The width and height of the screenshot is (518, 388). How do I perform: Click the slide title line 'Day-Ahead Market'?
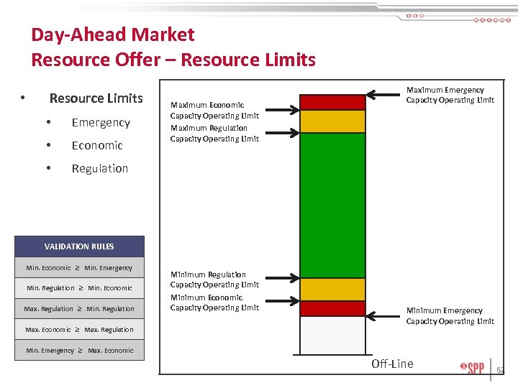pos(113,34)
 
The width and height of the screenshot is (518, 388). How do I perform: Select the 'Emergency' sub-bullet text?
pos(101,123)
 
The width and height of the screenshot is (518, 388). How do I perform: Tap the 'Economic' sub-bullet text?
pos(97,146)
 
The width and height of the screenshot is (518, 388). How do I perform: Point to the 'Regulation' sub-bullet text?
pos(99,169)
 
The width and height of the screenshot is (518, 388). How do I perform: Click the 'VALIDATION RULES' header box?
pos(79,246)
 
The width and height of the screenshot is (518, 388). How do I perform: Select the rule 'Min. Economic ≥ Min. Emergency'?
pos(79,268)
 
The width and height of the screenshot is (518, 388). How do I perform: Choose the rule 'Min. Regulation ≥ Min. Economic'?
pos(79,288)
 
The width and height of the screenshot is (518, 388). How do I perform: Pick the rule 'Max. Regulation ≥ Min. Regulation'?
pos(79,309)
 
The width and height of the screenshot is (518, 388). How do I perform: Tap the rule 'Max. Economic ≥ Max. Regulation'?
pos(79,330)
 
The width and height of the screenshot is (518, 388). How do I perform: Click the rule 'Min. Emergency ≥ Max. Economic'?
pos(79,351)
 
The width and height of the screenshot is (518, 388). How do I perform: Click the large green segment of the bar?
pos(322,205)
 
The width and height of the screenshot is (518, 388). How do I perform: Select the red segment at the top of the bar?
pos(322,102)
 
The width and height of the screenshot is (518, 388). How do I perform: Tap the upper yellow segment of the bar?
pos(322,121)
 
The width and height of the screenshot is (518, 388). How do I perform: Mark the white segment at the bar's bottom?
pos(322,335)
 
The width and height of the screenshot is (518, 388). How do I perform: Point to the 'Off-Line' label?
pos(392,364)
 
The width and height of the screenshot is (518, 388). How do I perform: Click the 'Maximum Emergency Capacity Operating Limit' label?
pos(450,95)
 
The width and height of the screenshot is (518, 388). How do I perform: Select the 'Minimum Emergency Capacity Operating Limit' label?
pos(450,316)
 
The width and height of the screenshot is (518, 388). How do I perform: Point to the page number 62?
pos(500,371)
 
